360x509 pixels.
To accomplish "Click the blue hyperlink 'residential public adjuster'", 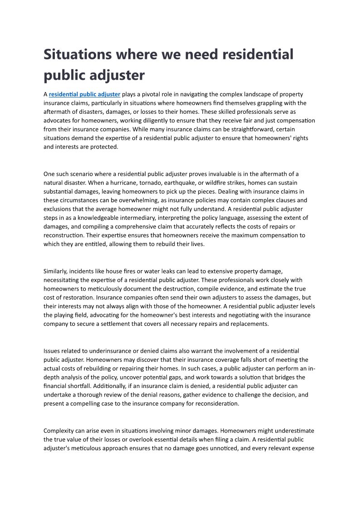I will coord(84,94).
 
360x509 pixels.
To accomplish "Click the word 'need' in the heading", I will coord(194,54).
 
